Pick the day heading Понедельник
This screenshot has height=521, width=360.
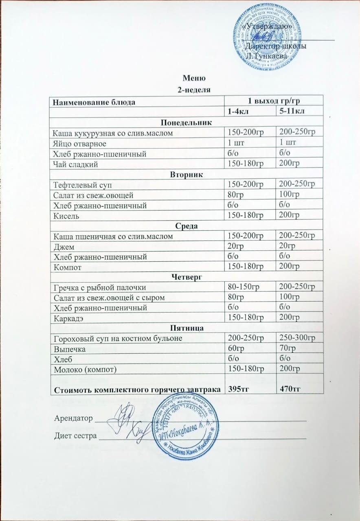point(187,122)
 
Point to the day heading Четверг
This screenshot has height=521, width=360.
point(187,277)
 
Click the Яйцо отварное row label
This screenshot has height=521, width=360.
point(79,143)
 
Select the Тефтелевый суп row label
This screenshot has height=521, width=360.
point(78,185)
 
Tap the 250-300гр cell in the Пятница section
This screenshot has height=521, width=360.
point(296,338)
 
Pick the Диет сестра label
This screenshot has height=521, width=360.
point(76,437)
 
